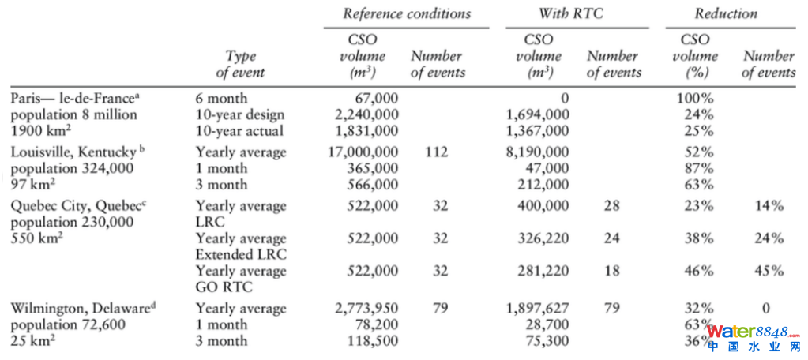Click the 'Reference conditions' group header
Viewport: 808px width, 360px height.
[406, 13]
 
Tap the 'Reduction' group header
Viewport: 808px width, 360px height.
[725, 13]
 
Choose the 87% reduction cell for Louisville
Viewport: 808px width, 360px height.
[697, 168]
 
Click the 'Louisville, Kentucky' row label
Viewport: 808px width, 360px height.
[68, 152]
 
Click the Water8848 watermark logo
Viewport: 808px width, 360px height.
[755, 338]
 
